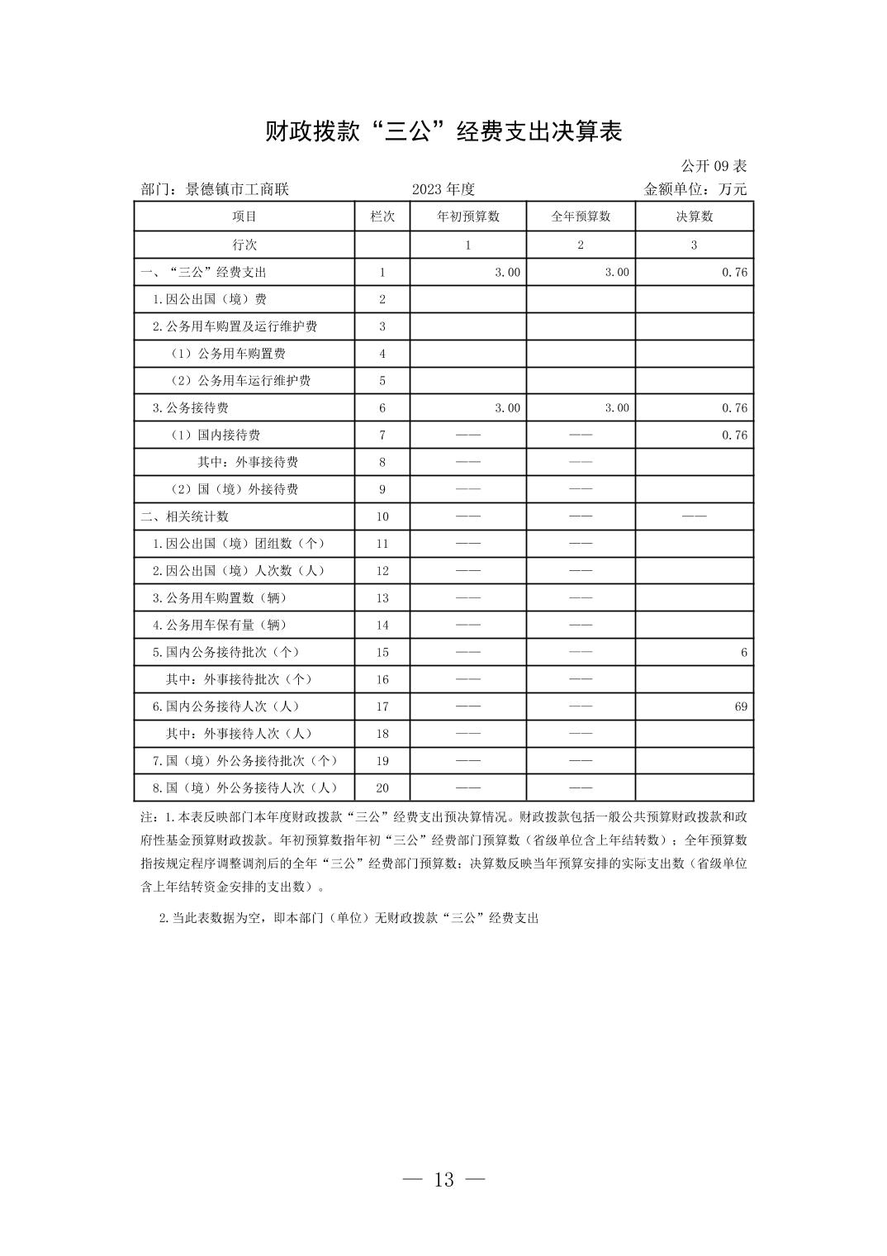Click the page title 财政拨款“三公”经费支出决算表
click(443, 132)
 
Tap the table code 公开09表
click(714, 166)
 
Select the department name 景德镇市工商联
click(237, 189)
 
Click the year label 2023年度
click(443, 189)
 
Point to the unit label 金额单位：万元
click(695, 189)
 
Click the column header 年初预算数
click(468, 216)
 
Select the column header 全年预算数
click(581, 216)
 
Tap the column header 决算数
click(694, 216)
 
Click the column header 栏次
click(382, 216)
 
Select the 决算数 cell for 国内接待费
click(734, 435)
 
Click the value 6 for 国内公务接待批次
click(743, 653)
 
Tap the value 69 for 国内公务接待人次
click(740, 706)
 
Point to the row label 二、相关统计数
click(185, 516)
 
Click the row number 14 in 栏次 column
click(382, 626)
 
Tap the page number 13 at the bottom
click(443, 1179)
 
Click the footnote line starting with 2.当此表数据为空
click(349, 918)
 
